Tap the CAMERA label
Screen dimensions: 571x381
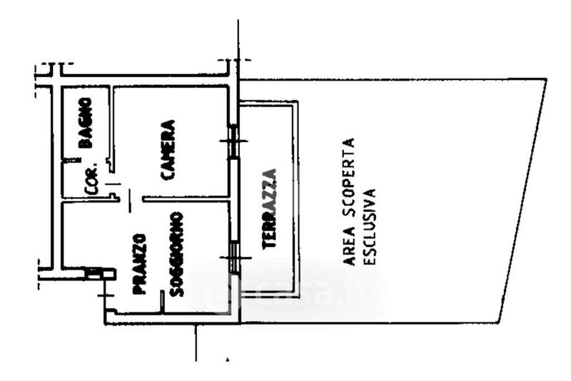pyautogui.click(x=168, y=148)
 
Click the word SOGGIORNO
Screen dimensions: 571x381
pyautogui.click(x=177, y=253)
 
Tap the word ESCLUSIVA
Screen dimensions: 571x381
pyautogui.click(x=369, y=226)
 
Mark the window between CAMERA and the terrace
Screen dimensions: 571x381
pyautogui.click(x=233, y=140)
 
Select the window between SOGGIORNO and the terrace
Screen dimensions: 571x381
pyautogui.click(x=233, y=257)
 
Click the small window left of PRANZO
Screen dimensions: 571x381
pyautogui.click(x=94, y=273)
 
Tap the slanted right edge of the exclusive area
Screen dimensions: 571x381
pyautogui.click(x=523, y=200)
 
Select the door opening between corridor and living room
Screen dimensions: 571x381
pyautogui.click(x=129, y=200)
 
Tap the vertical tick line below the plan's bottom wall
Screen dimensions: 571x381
pyautogui.click(x=196, y=342)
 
